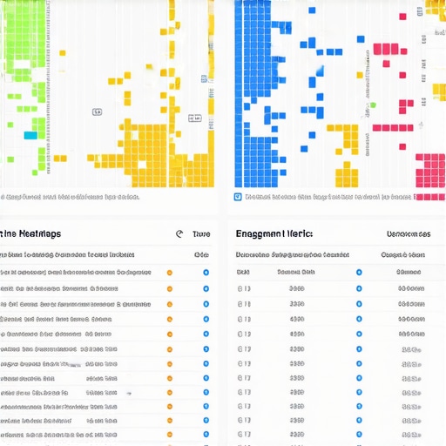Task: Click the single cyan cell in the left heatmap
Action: coord(30,135)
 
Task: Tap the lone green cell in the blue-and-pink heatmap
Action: coord(372,105)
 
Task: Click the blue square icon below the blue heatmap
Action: coord(238,197)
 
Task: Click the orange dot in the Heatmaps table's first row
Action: coord(169,272)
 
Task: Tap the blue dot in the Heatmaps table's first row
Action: coord(206,272)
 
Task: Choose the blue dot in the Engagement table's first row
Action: coord(358,272)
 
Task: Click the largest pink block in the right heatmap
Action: coord(430,166)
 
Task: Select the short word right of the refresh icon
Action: coord(200,234)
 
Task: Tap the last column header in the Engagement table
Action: coord(403,255)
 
